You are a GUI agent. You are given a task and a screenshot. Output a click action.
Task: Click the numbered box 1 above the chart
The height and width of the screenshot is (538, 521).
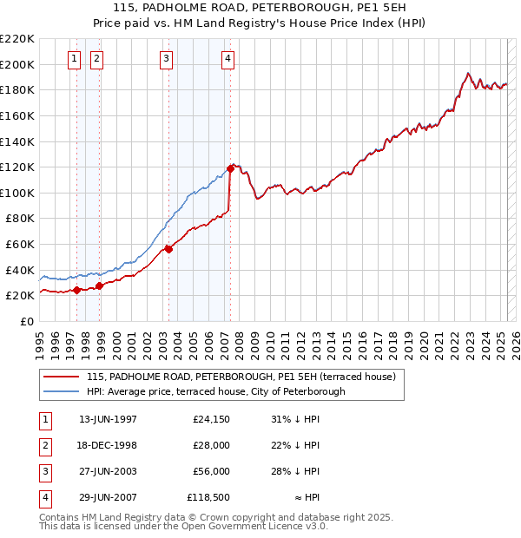75,59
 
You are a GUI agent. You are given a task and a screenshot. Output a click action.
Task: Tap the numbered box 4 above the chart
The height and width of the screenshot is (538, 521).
228,59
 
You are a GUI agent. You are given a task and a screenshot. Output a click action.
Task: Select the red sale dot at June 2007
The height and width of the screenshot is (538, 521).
230,167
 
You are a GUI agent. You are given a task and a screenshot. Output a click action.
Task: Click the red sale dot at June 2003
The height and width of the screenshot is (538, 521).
168,249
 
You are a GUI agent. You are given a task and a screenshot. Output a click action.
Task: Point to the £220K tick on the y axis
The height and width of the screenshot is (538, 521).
17,39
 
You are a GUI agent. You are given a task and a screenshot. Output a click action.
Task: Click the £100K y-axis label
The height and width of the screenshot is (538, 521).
17,193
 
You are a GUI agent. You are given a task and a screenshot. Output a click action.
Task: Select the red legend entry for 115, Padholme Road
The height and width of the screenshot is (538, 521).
241,377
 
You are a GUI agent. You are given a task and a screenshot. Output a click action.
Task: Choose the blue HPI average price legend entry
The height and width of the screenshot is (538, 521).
215,391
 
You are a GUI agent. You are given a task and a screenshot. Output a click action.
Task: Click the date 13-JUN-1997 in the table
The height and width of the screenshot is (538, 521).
108,420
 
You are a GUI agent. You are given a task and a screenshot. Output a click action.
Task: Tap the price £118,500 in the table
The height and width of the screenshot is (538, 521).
208,498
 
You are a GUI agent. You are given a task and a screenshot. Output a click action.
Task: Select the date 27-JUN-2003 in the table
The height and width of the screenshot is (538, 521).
108,472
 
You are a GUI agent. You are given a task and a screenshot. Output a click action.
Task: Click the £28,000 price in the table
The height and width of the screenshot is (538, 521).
211,446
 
